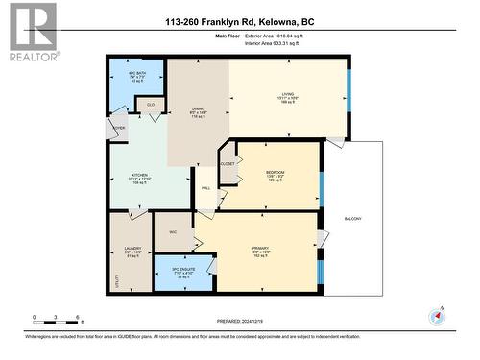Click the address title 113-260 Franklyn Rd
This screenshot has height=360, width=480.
coord(239,21)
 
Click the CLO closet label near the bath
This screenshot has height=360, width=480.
coord(151,104)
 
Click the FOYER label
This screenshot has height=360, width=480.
coord(118,128)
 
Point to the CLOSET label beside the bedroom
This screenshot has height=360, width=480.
coord(228,164)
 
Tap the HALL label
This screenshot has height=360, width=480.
coord(206,188)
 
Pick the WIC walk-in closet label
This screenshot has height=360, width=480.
coord(173,232)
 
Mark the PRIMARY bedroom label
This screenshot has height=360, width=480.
coord(259,247)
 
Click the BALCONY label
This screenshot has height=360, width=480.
coord(353,220)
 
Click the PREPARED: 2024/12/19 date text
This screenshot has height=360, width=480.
coord(239,322)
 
